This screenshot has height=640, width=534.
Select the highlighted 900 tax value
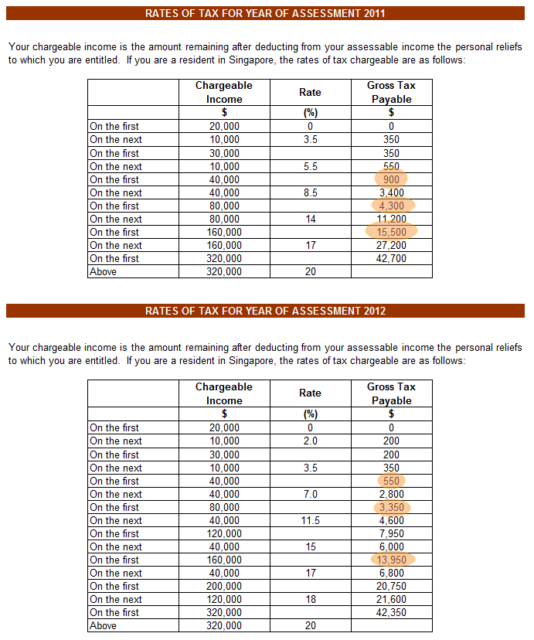coord(391,179)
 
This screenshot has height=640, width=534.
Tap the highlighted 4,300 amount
coord(391,206)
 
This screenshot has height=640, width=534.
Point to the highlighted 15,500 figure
coord(391,232)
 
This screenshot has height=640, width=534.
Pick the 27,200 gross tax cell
coord(391,245)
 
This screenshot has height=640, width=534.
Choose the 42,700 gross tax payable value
coord(391,258)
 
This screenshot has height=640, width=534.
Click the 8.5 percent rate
coord(310,192)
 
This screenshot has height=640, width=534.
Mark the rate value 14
coord(310,219)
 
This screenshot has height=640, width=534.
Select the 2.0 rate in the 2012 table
coord(310,441)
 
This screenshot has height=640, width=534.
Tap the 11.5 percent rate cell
coord(310,520)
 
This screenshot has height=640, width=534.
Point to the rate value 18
coord(310,599)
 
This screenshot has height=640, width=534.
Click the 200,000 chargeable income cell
coord(224,586)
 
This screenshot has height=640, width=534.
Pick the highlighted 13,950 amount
coord(391,560)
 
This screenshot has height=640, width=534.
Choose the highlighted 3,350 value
coord(391,507)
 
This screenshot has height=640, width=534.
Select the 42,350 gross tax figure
coord(391,612)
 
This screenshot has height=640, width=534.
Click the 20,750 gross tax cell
coord(391,586)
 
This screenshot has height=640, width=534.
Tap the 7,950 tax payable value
coord(391,533)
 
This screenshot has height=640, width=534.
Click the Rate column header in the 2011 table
coord(310,92)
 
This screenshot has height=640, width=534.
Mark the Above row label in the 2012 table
coord(103,625)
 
